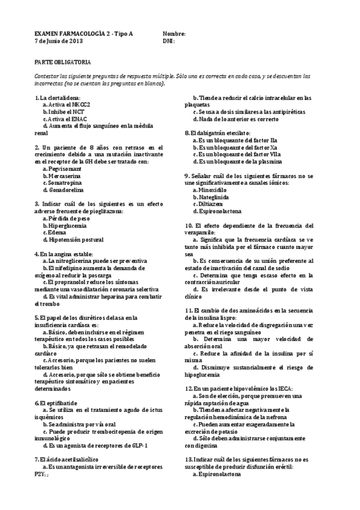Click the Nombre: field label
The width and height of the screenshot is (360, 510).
coord(174,34)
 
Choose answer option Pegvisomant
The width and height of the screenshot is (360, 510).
coord(65,169)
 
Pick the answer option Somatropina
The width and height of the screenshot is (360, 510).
coord(65,183)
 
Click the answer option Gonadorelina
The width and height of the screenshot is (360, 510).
coord(66,190)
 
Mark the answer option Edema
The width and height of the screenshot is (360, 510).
coord(58,233)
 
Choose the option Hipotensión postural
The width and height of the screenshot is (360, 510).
coord(74,240)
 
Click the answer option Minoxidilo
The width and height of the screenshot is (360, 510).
coord(213,189)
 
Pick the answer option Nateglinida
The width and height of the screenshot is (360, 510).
coord(214,197)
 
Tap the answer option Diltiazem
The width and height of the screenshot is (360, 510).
coord(212,204)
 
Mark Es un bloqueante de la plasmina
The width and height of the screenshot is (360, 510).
coord(238,161)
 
